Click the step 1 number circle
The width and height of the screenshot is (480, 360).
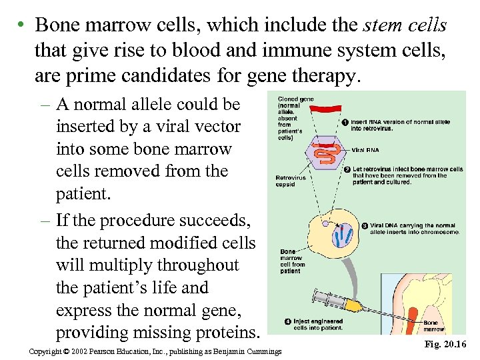click(x=344, y=122)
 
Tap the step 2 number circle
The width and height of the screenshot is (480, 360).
click(x=346, y=169)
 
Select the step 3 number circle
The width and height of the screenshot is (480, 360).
click(x=364, y=225)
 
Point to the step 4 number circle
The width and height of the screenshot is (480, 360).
click(x=287, y=321)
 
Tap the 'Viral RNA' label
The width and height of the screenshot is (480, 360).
click(x=365, y=149)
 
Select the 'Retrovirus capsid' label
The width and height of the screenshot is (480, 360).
click(x=290, y=181)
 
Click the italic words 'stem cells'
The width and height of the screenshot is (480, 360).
click(x=405, y=25)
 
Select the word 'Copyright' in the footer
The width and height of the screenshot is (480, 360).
click(x=47, y=351)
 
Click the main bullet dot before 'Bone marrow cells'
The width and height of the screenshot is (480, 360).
click(x=22, y=25)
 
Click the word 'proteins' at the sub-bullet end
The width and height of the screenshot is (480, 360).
click(x=223, y=333)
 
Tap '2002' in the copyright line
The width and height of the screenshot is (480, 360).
click(x=87, y=351)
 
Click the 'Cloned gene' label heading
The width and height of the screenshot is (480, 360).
click(x=295, y=99)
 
